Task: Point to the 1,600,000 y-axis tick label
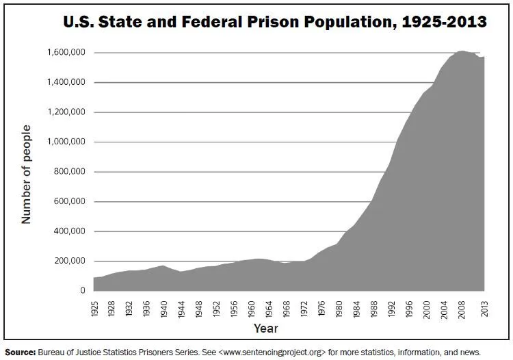pos(66,53)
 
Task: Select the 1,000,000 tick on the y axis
pos(66,142)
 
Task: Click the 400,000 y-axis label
pos(69,231)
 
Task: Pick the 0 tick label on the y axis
pos(82,291)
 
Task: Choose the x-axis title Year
pos(266,329)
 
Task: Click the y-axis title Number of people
pos(27,174)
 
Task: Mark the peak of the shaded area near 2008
pos(462,51)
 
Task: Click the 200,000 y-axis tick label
pos(69,261)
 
